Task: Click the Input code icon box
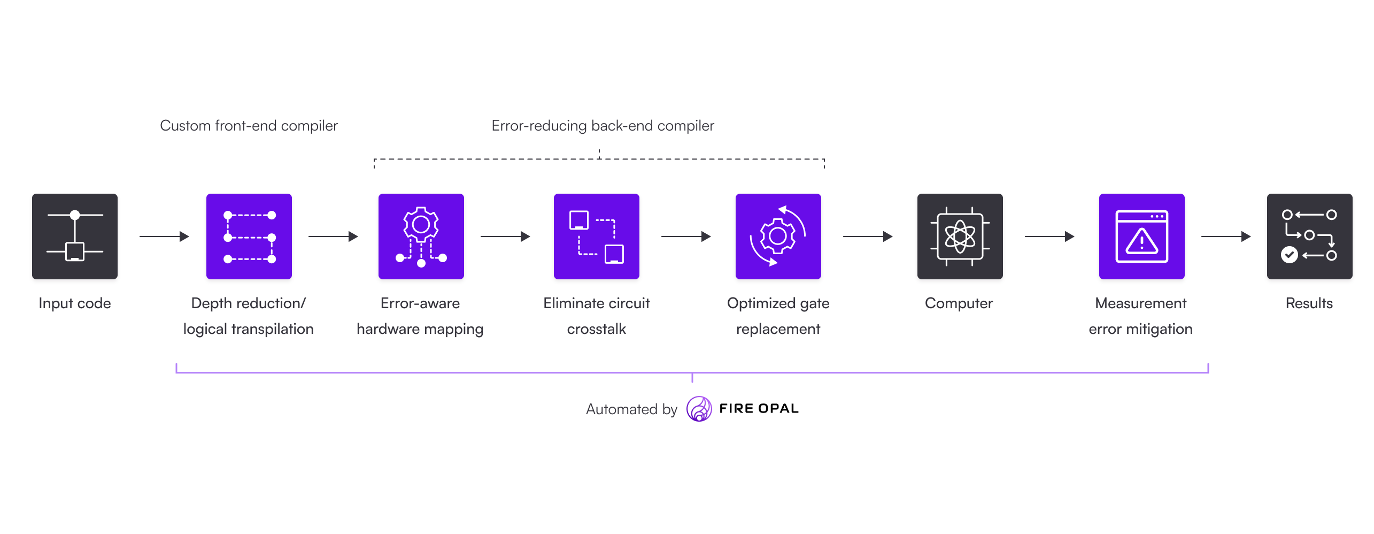75,236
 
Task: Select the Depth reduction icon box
249,236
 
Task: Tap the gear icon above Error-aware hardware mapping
421,225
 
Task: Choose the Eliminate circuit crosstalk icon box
597,236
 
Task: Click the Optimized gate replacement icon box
778,236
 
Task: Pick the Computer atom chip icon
960,236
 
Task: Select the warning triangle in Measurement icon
1142,242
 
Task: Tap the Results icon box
1310,236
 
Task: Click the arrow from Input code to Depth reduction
164,236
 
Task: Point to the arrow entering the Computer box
868,236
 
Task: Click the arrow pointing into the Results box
1226,236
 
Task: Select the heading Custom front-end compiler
249,126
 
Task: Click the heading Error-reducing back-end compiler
603,126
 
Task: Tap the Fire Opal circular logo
699,409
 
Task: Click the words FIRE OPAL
759,409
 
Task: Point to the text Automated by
631,409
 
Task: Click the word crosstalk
597,329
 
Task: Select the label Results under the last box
1309,303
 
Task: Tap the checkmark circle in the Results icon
1290,255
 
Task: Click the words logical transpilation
249,329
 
